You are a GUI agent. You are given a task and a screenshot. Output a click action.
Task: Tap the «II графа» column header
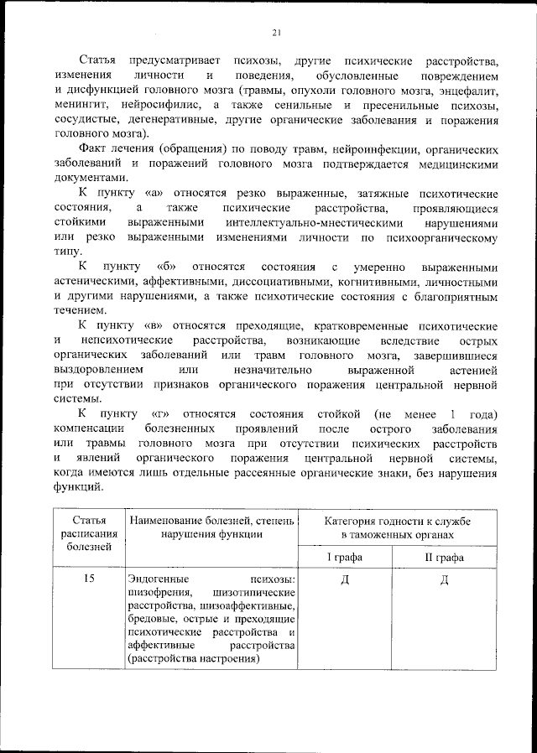point(445,557)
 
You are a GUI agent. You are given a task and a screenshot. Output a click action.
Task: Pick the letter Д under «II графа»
point(445,581)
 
